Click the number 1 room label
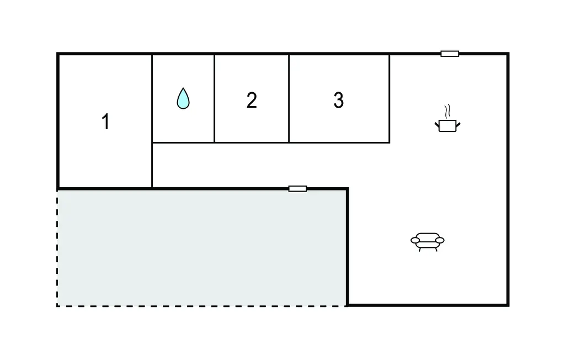(105, 121)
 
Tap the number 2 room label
(252, 100)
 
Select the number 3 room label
(338, 100)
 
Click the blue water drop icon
(183, 98)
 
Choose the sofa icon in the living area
(428, 242)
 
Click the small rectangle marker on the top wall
(450, 54)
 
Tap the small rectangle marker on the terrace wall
(297, 189)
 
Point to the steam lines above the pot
(447, 112)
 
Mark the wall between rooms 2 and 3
(289, 98)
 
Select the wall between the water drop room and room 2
(215, 98)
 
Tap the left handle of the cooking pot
(437, 125)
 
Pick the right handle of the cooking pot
(458, 125)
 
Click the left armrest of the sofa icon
(415, 240)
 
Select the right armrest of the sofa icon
(440, 240)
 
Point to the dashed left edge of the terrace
(57, 248)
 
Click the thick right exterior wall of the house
(508, 179)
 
